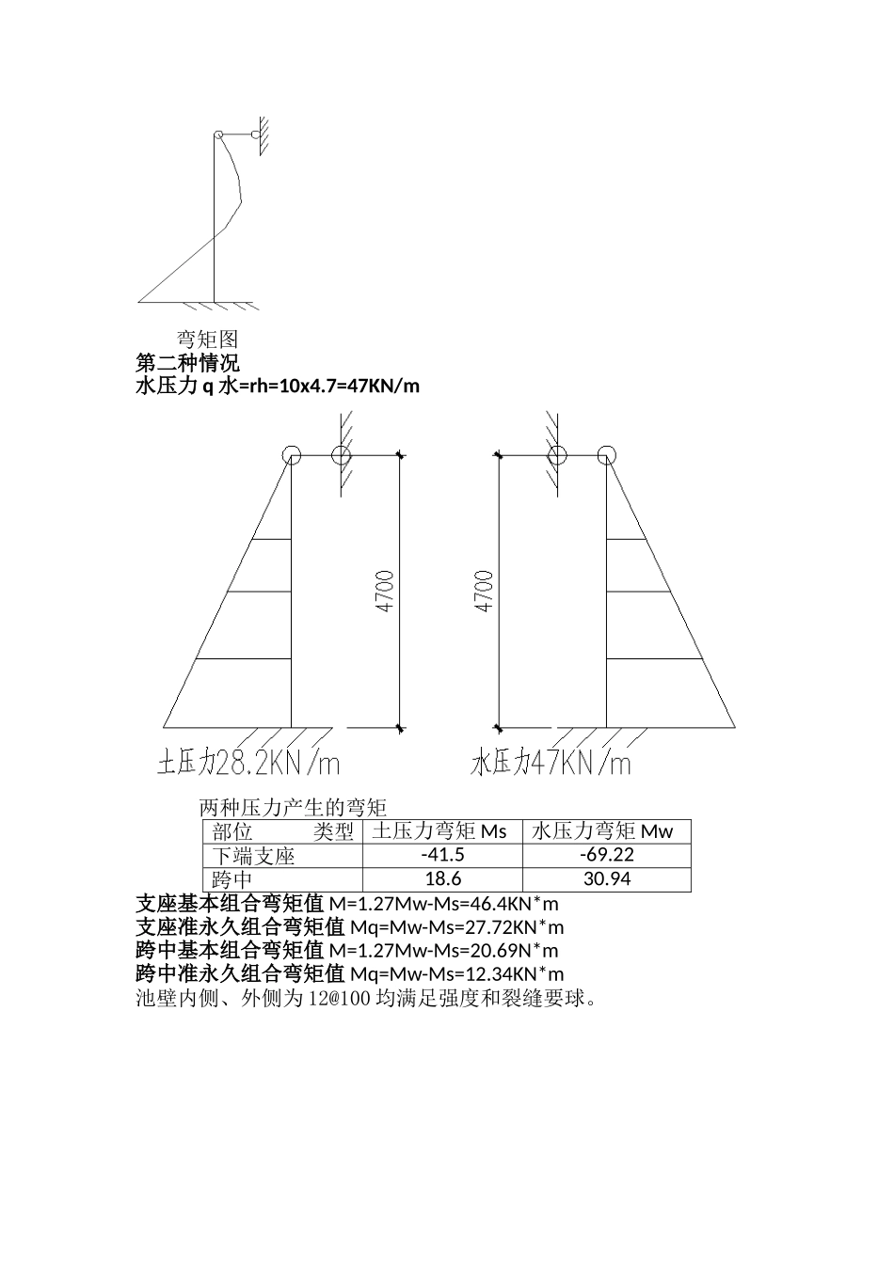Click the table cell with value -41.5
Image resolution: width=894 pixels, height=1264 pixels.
[442, 855]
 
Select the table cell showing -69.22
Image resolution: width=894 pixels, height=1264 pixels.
[606, 855]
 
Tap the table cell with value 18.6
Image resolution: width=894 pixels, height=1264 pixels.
[442, 879]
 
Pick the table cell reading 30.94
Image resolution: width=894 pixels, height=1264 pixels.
[606, 879]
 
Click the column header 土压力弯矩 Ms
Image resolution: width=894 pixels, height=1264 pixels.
[439, 831]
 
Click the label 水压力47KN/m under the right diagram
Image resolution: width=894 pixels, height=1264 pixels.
[551, 763]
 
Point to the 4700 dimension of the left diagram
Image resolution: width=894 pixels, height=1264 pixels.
[385, 591]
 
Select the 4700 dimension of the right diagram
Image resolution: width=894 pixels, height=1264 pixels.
[484, 591]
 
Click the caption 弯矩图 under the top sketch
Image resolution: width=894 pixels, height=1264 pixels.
[208, 340]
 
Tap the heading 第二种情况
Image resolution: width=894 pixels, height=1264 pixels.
[187, 363]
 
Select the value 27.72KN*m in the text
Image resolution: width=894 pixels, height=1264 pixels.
[516, 928]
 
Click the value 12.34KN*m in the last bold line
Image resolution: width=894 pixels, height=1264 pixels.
[518, 974]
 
